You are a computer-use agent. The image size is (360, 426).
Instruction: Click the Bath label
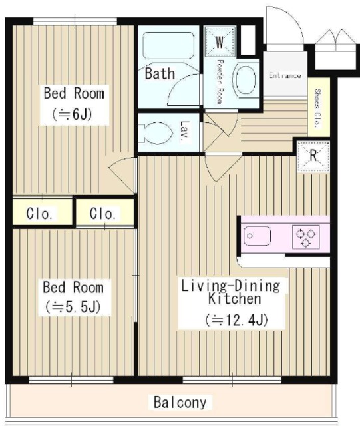pos(160,73)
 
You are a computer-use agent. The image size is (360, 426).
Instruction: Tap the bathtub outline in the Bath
pos(168,46)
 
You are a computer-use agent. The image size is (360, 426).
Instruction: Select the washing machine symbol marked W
pos(220,41)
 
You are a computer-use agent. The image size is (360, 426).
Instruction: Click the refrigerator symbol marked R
pos(313,156)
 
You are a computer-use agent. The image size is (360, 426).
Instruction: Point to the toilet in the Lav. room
pos(156,133)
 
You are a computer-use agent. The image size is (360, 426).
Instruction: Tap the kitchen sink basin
pos(257,236)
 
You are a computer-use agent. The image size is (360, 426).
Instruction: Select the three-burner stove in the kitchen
pos(305,237)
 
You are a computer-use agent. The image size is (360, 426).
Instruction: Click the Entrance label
pos(285,75)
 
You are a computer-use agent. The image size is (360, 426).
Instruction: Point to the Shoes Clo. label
pos(317,108)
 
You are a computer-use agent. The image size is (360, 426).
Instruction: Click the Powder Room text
pos(220,81)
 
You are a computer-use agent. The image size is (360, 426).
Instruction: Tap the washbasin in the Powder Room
pos(246,80)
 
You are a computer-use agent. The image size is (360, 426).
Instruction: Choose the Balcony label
pos(180,402)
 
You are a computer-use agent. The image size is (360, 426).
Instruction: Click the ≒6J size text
pos(72,114)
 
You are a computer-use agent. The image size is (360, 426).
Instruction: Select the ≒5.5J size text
pos(73,307)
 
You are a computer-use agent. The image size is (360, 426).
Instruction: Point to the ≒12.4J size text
pos(236,320)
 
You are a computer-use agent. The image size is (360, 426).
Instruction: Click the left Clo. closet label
pos(39,214)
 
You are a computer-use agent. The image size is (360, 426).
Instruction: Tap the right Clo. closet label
pos(102,214)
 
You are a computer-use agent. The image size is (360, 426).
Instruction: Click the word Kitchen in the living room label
pos(234,298)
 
